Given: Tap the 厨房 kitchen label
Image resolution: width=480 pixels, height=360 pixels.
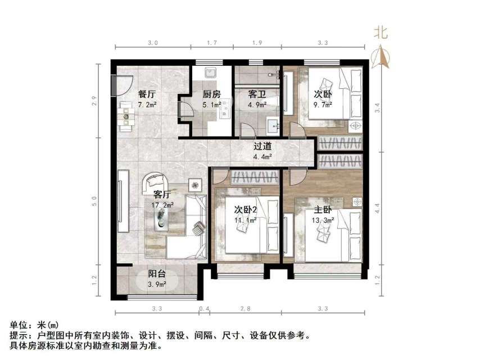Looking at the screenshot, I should [212, 94].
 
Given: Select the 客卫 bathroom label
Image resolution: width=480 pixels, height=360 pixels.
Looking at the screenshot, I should [257, 94].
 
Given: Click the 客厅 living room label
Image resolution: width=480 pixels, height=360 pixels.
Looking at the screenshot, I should [162, 195].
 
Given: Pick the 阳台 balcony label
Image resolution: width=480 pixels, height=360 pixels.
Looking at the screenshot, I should [157, 274].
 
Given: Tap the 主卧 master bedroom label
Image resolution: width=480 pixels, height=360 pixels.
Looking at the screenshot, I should [325, 210].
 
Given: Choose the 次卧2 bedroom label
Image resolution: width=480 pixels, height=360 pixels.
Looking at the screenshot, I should [245, 210].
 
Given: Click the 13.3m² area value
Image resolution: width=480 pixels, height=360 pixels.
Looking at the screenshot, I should [325, 220].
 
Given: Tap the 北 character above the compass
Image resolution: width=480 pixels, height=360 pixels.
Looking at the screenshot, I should [381, 33].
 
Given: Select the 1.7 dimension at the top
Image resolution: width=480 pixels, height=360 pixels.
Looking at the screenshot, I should [212, 42].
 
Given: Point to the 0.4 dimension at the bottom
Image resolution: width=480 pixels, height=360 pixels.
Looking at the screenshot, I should [203, 308].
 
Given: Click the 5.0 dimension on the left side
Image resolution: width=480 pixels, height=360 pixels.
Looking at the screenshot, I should [96, 200].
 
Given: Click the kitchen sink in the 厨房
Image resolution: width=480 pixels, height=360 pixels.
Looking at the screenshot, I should [212, 73].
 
